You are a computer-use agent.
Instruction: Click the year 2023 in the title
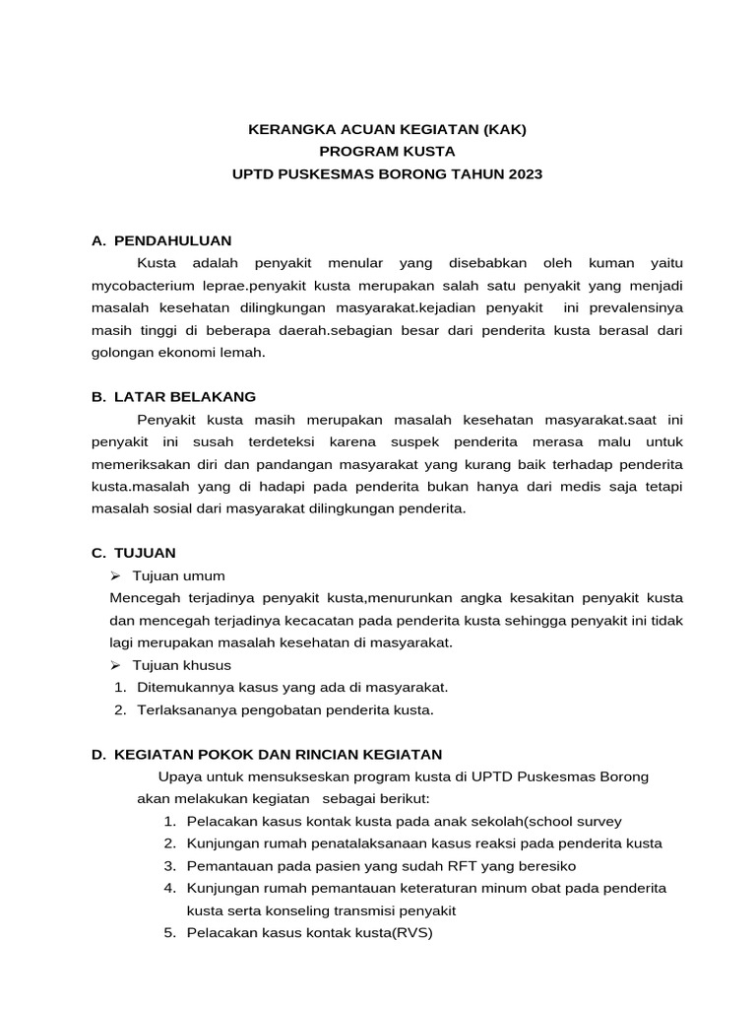pos(523,173)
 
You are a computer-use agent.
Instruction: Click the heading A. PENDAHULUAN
pos(161,240)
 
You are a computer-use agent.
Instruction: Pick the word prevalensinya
pos(634,308)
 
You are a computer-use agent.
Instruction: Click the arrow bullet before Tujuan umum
pos(116,575)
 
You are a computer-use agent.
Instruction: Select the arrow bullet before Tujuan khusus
pos(116,665)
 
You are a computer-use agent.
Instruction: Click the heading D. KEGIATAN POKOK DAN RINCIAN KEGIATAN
pos(267,754)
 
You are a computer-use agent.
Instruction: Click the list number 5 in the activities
pos(169,933)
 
